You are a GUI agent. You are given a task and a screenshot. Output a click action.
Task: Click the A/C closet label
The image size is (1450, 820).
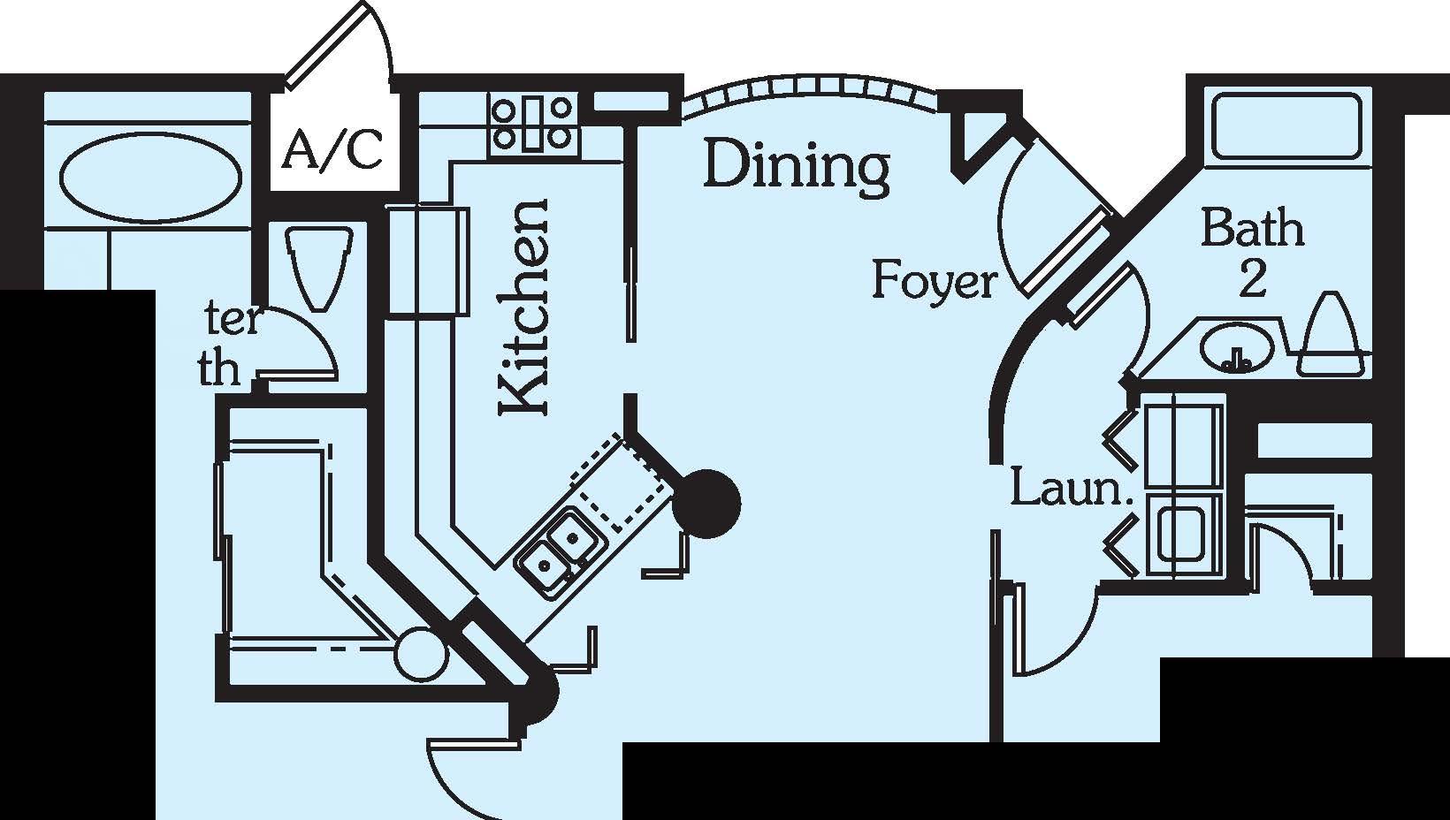coord(333,149)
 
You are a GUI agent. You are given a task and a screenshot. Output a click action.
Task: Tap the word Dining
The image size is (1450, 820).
coord(796,165)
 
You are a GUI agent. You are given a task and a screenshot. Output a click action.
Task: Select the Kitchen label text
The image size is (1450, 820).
coord(524,307)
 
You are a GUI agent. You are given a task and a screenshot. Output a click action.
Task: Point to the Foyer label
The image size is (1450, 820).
coord(934,281)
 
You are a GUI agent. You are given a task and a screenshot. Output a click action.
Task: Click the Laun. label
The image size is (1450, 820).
coord(1071,488)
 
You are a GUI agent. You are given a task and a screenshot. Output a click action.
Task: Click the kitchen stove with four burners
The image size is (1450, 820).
coord(532,123)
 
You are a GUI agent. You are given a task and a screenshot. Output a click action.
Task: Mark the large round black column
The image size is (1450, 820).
coord(706,504)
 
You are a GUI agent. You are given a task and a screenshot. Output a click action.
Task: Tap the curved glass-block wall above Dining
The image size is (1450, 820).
coord(809,93)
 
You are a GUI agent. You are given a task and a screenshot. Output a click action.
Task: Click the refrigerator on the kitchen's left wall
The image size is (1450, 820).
coord(428,261)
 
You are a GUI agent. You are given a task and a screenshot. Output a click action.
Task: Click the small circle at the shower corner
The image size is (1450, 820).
coord(420,655)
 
